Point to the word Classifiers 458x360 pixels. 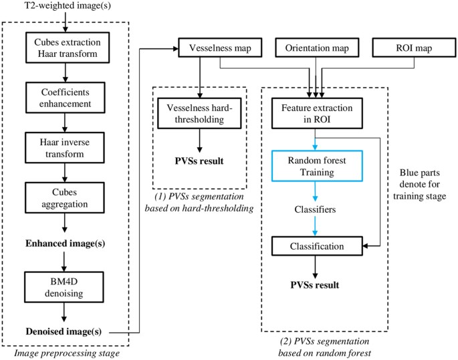(x=314, y=210)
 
